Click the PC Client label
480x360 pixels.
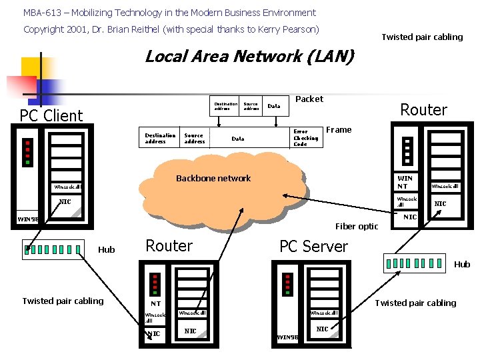51,116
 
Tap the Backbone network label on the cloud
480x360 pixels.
213,179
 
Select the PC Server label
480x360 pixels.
313,247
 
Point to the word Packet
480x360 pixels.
309,99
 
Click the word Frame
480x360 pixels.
339,130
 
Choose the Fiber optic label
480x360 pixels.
356,227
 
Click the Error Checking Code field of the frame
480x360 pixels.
306,137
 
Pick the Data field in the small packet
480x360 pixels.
274,106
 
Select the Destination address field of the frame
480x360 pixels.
160,137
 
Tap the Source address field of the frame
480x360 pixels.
195,137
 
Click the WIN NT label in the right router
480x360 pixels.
405,182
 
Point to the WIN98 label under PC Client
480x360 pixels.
28,219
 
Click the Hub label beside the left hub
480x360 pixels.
107,250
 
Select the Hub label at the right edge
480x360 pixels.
462,265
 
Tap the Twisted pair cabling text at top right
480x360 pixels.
421,37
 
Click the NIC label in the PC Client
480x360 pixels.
65,202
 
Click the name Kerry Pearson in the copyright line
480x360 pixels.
293,29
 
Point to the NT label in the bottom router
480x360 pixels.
155,304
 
